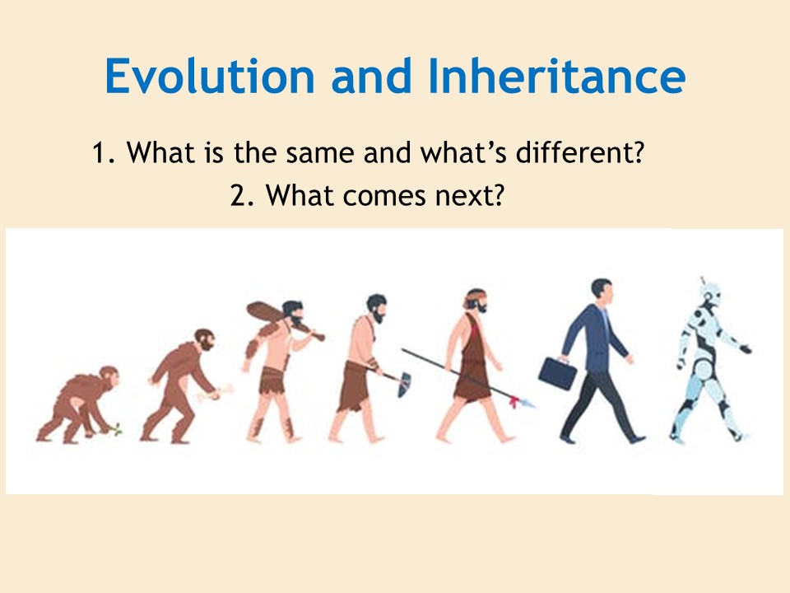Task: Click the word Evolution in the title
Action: [x=210, y=76]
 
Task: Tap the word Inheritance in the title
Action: [x=557, y=76]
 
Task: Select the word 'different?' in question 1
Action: [x=580, y=152]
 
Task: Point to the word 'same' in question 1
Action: [x=320, y=154]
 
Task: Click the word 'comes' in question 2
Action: [x=385, y=197]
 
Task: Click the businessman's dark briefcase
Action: [x=558, y=372]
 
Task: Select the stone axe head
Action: [x=405, y=384]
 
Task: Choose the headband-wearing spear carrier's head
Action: [x=476, y=302]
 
